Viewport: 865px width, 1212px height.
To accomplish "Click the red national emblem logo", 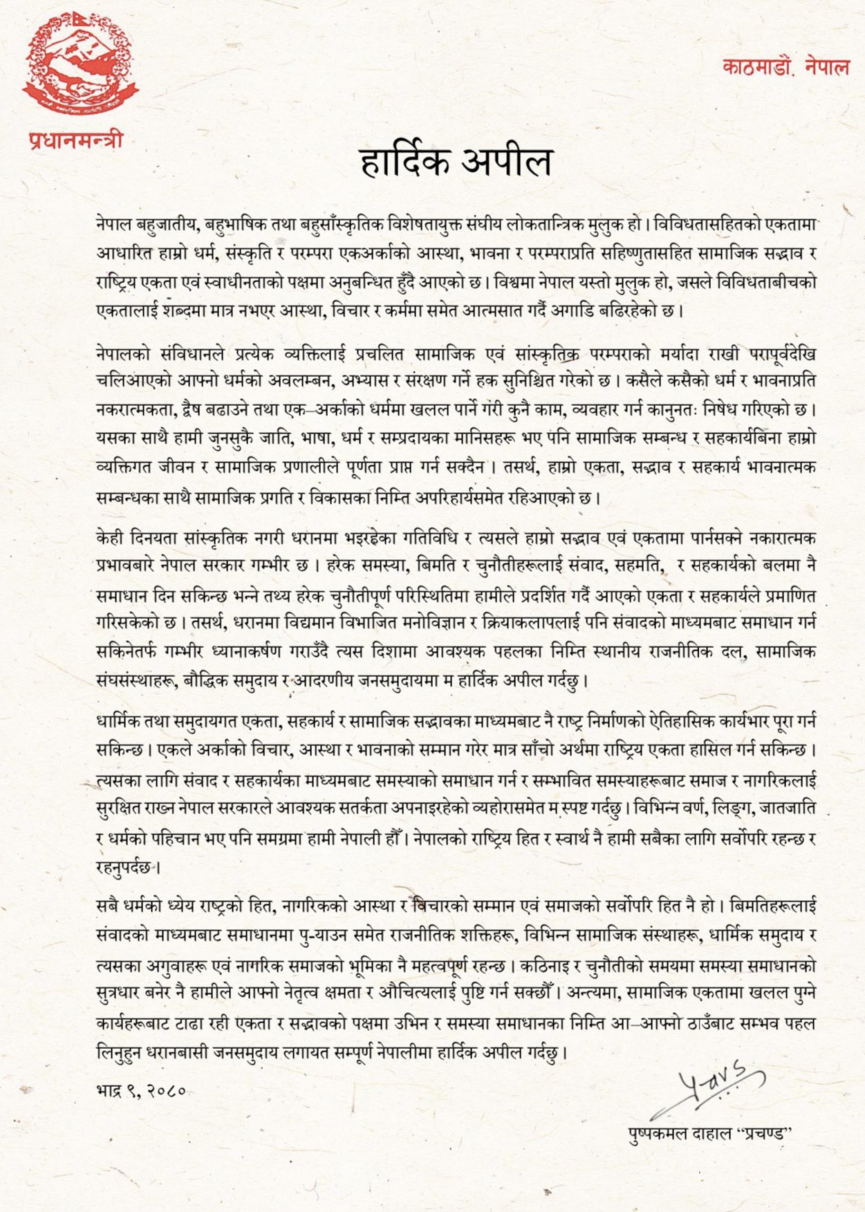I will [80, 64].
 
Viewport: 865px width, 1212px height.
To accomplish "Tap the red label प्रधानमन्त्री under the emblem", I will [76, 140].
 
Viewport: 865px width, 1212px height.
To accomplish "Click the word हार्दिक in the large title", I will [404, 162].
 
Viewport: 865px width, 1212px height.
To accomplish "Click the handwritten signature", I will [712, 1083].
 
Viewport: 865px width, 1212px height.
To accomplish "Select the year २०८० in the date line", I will [165, 1090].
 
